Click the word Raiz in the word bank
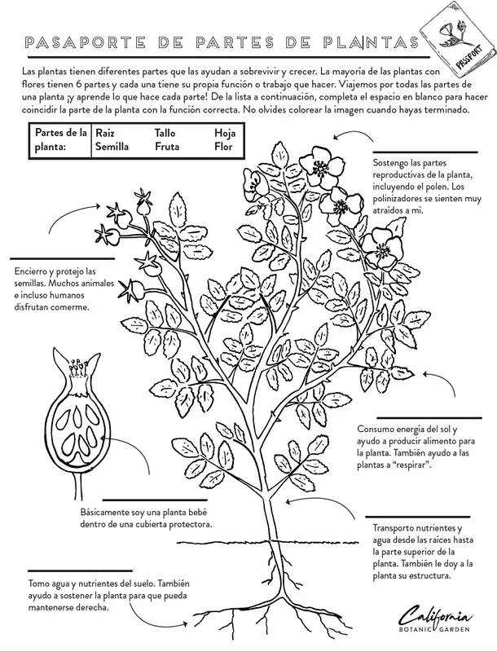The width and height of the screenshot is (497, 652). (105, 133)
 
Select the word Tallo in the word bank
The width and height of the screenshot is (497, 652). (165, 133)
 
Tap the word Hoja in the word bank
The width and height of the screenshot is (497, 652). (225, 133)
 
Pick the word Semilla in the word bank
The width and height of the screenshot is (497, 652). (112, 147)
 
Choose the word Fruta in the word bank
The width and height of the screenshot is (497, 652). (167, 147)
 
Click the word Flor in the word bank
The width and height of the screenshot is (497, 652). (223, 147)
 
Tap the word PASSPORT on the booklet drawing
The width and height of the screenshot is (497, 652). (469, 56)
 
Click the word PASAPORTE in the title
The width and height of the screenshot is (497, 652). (86, 42)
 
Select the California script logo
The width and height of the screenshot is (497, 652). (436, 615)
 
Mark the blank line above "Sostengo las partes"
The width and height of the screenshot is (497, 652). (425, 152)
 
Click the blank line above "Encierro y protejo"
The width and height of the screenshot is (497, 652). (63, 258)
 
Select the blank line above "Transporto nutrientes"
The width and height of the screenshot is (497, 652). (418, 517)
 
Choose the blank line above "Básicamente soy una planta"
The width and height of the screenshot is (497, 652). (155, 500)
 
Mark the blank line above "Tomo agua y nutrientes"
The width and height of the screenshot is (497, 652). (80, 571)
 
